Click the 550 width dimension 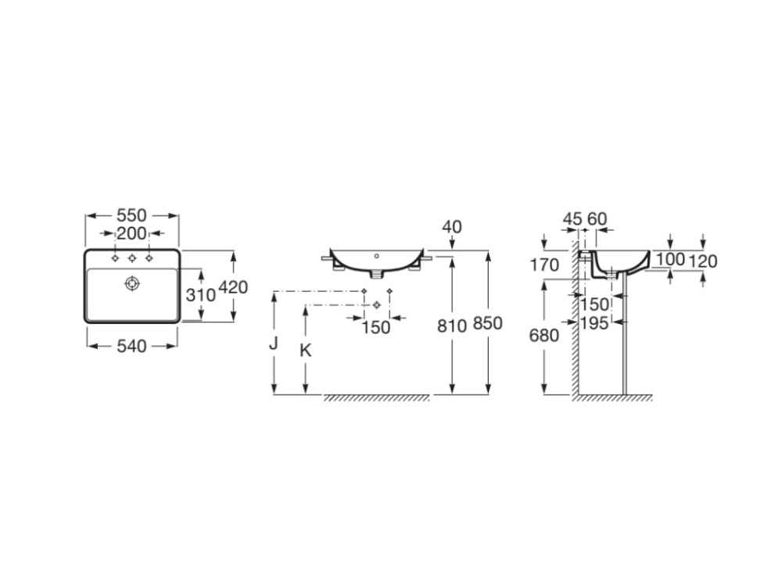pyautogui.click(x=131, y=216)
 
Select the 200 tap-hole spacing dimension pyautogui.click(x=131, y=233)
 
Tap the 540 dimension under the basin pyautogui.click(x=131, y=346)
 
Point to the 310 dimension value pyautogui.click(x=200, y=295)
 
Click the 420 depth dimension pyautogui.click(x=233, y=287)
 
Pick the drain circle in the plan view pyautogui.click(x=131, y=283)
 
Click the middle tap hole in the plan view pyautogui.click(x=132, y=258)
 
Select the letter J pyautogui.click(x=273, y=344)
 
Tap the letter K pyautogui.click(x=305, y=351)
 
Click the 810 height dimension pyautogui.click(x=452, y=326)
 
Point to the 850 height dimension pyautogui.click(x=487, y=323)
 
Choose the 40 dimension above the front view pyautogui.click(x=452, y=227)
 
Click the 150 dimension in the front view pyautogui.click(x=376, y=328)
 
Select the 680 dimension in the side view pyautogui.click(x=544, y=336)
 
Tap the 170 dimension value pyautogui.click(x=544, y=265)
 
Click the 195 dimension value pyautogui.click(x=594, y=323)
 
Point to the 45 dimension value pyautogui.click(x=572, y=219)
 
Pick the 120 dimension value pyautogui.click(x=703, y=261)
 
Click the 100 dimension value pyautogui.click(x=670, y=259)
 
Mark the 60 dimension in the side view pyautogui.click(x=597, y=219)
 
